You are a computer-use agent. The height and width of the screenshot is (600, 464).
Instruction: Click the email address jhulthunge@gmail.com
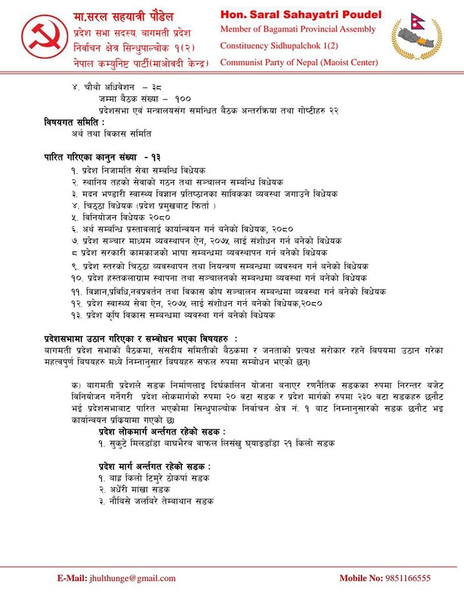pyautogui.click(x=133, y=578)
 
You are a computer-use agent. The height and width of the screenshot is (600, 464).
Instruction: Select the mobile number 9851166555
pyautogui.click(x=408, y=578)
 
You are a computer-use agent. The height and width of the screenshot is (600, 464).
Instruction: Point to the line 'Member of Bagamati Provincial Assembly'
pyautogui.click(x=298, y=29)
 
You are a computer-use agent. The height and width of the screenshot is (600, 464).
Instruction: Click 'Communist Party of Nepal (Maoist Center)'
pyautogui.click(x=299, y=62)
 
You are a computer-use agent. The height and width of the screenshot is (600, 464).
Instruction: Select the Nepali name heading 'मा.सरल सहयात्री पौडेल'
pyautogui.click(x=124, y=16)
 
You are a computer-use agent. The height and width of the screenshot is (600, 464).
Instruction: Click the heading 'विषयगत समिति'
pyautogui.click(x=74, y=121)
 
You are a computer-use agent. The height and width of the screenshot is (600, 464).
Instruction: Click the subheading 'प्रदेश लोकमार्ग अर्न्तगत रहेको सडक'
pyautogui.click(x=161, y=432)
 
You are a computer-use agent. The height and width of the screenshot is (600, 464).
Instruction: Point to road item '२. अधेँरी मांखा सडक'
pyautogui.click(x=134, y=489)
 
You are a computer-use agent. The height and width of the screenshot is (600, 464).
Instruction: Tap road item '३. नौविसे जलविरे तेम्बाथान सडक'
pyautogui.click(x=156, y=501)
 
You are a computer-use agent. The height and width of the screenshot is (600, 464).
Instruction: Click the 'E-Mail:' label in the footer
pyautogui.click(x=72, y=578)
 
